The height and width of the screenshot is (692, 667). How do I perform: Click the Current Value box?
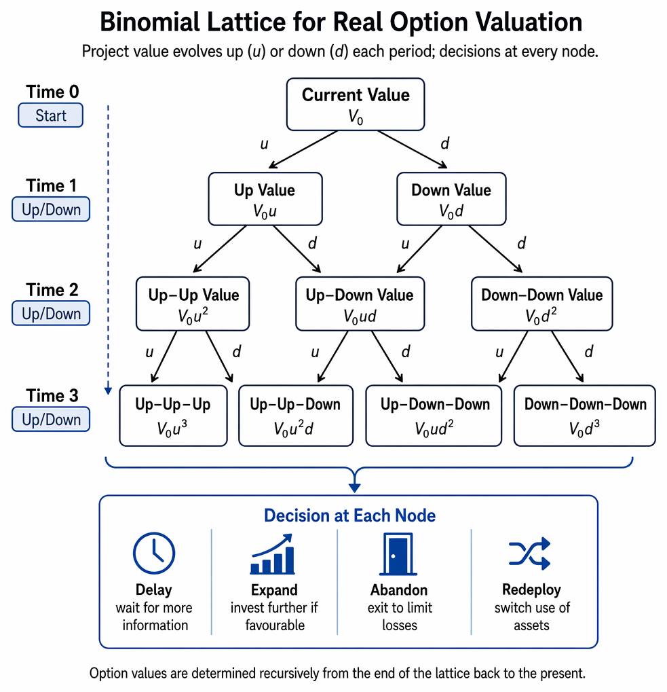[356, 105]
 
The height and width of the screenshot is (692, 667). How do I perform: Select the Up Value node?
[265, 199]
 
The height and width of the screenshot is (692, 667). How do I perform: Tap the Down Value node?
[451, 199]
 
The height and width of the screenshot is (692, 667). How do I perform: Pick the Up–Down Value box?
[360, 304]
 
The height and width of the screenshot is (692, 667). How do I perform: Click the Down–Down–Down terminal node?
[585, 416]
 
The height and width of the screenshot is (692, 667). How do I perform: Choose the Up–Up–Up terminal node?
[173, 416]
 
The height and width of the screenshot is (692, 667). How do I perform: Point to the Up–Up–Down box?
[296, 416]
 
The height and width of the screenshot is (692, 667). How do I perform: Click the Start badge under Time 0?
[51, 115]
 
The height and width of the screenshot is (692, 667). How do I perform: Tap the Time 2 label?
[52, 290]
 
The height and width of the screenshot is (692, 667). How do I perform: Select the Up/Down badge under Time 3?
[51, 419]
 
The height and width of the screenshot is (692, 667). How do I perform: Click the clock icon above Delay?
[154, 553]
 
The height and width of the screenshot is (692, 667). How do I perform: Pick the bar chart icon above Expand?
[272, 554]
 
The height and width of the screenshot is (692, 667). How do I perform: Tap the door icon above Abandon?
[398, 554]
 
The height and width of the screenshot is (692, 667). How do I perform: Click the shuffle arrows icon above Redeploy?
[529, 553]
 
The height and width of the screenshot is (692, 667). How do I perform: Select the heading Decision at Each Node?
[349, 515]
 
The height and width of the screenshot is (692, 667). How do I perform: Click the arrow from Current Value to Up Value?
[303, 149]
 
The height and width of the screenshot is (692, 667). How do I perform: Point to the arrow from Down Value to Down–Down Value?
[495, 249]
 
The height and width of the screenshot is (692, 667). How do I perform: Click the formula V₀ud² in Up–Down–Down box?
[434, 428]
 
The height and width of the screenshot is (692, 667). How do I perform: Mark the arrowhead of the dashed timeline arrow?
[108, 391]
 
